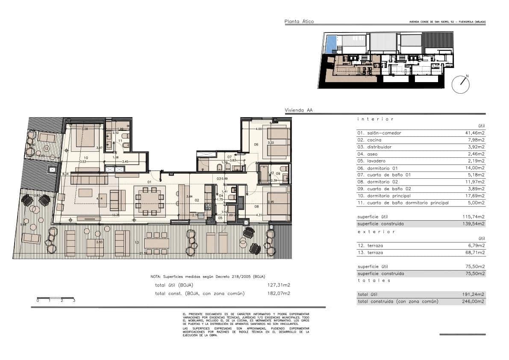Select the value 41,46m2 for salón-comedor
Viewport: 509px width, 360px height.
475,133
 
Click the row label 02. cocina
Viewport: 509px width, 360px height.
370,140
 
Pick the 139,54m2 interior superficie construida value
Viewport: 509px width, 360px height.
475,224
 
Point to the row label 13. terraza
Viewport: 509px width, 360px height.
371,253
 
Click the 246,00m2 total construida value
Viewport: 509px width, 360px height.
475,301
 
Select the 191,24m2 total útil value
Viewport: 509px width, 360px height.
475,294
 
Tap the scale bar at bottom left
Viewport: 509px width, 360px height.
56,298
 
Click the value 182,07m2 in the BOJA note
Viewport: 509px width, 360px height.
278,293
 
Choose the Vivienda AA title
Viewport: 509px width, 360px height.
299,110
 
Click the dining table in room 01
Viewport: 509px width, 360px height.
150,201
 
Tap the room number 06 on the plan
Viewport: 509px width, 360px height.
256,145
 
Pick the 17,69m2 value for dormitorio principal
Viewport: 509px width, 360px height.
475,196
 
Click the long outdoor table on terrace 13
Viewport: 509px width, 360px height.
156,243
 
